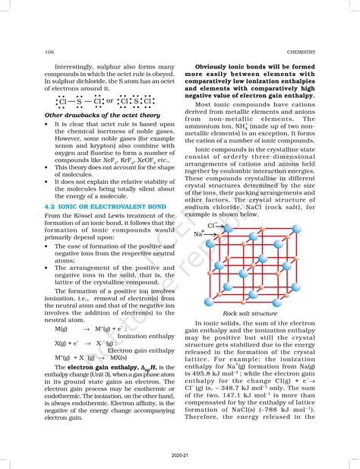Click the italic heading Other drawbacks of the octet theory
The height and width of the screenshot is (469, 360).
(x=96, y=115)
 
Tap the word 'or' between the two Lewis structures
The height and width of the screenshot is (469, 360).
(x=110, y=100)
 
